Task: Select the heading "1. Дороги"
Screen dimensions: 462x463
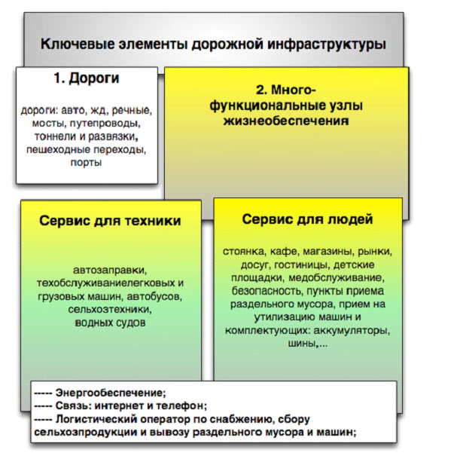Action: click(87, 78)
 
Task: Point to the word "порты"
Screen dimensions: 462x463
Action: click(87, 163)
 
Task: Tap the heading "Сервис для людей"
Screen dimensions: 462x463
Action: click(307, 219)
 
